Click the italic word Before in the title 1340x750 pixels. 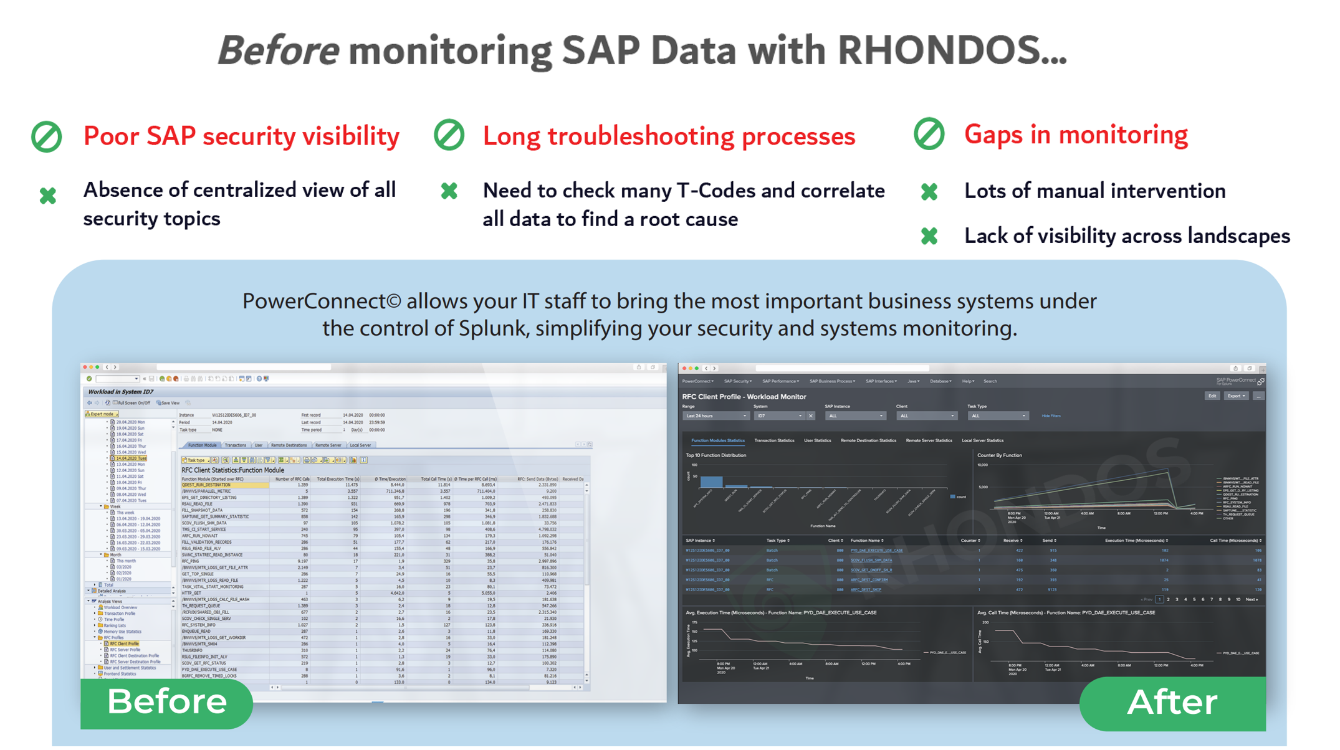(x=278, y=50)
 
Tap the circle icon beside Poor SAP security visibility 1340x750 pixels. (x=47, y=136)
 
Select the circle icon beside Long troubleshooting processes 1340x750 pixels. (x=449, y=135)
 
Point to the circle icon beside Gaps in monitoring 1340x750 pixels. (x=929, y=134)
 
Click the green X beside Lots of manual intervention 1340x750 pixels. (x=929, y=191)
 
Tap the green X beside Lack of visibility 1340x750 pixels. (x=929, y=236)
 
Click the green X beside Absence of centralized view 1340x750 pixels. (x=48, y=196)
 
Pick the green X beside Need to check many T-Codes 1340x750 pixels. (x=449, y=191)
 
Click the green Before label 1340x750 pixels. (x=166, y=702)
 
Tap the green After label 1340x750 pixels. (x=1172, y=703)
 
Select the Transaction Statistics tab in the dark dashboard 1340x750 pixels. (x=774, y=440)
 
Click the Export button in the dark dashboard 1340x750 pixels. (x=1235, y=396)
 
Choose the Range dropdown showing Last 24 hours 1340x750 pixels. (x=715, y=415)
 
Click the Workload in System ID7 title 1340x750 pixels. (x=121, y=392)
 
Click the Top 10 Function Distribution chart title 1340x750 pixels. (x=715, y=455)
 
